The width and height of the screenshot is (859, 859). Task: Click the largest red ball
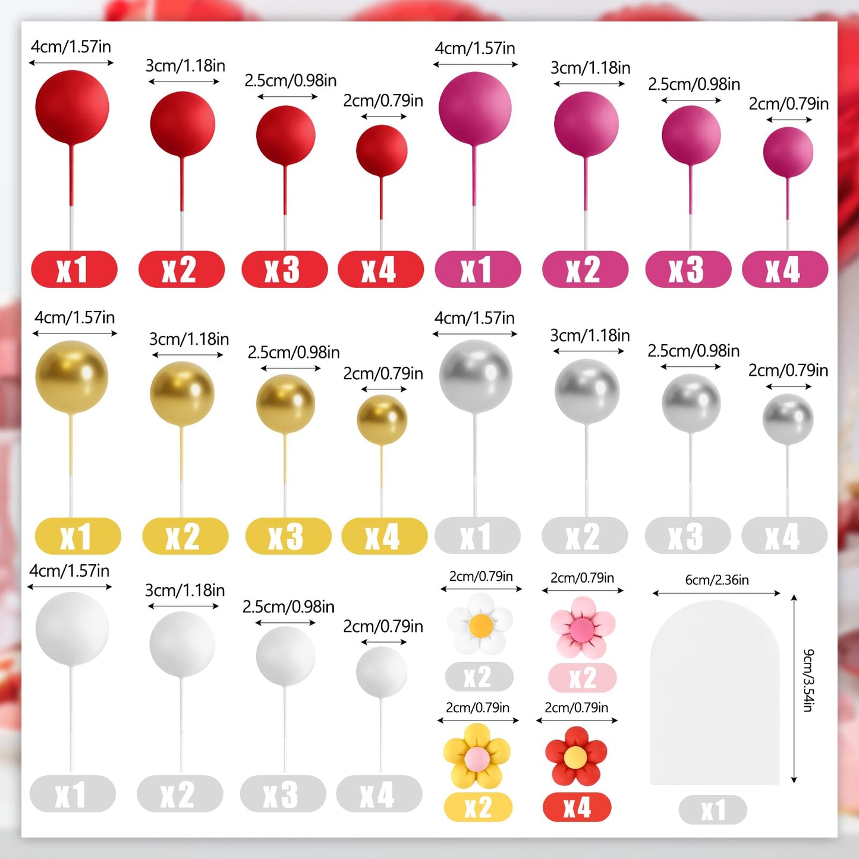point(72,107)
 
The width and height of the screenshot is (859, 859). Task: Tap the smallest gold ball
point(382,420)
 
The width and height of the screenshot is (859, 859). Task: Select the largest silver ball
point(476,376)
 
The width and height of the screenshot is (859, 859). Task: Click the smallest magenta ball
point(788,152)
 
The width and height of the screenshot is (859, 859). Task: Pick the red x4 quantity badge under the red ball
point(380,269)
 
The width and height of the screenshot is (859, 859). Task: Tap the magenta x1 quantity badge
point(477,269)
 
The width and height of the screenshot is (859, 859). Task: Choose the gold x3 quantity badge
point(288,536)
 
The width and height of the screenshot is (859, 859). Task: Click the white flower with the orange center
point(480,624)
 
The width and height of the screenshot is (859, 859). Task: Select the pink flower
point(582,627)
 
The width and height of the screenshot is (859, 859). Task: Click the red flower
point(575,756)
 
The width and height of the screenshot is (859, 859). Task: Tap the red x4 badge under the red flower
point(577,807)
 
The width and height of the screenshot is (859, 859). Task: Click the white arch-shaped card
point(715,693)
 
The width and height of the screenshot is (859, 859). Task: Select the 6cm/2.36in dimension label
point(716,580)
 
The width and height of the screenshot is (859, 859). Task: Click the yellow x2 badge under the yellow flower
point(478,807)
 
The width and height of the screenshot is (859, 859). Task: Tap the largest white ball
point(72,629)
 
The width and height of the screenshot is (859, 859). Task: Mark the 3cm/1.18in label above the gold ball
point(188,339)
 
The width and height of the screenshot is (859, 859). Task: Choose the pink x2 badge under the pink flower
point(582,678)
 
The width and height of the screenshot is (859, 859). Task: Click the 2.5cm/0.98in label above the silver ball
point(693,351)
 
